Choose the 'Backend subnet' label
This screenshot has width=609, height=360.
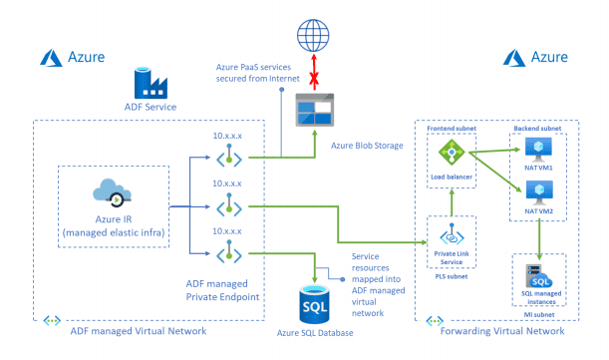pos(539,129)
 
